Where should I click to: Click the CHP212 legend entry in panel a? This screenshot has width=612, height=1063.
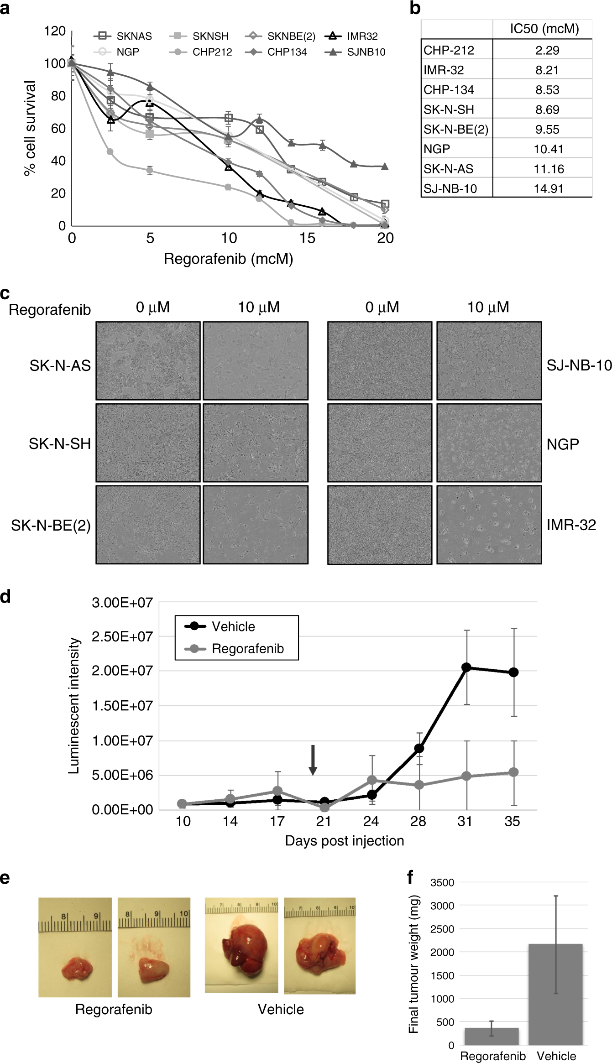pyautogui.click(x=211, y=52)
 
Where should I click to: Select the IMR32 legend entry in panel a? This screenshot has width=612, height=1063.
pyautogui.click(x=362, y=36)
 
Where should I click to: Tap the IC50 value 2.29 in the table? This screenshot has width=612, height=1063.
pyautogui.click(x=547, y=50)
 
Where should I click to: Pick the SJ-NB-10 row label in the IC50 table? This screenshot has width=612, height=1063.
pyautogui.click(x=450, y=188)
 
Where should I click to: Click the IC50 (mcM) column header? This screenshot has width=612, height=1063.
pyautogui.click(x=544, y=29)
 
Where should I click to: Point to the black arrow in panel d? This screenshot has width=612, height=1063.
pyautogui.click(x=313, y=760)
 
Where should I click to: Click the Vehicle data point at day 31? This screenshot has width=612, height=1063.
pyautogui.click(x=466, y=667)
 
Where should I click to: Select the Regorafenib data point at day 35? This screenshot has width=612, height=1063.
pyautogui.click(x=513, y=772)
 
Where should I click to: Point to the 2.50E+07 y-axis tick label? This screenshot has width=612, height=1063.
pyautogui.click(x=122, y=636)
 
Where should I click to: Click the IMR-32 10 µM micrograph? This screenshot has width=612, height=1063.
pyautogui.click(x=489, y=525)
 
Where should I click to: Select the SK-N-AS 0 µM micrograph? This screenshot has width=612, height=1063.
pyautogui.click(x=148, y=361)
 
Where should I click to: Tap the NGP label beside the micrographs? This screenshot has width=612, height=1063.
pyautogui.click(x=563, y=444)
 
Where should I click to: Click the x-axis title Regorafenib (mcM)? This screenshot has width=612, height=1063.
pyautogui.click(x=228, y=259)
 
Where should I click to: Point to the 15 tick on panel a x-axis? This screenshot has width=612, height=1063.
pyautogui.click(x=307, y=238)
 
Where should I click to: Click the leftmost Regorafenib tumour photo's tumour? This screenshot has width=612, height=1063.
pyautogui.click(x=77, y=967)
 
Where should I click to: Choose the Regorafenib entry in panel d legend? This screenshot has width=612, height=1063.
pyautogui.click(x=247, y=648)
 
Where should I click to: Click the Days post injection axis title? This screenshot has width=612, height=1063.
pyautogui.click(x=344, y=840)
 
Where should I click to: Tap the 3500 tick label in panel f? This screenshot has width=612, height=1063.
pyautogui.click(x=442, y=882)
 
